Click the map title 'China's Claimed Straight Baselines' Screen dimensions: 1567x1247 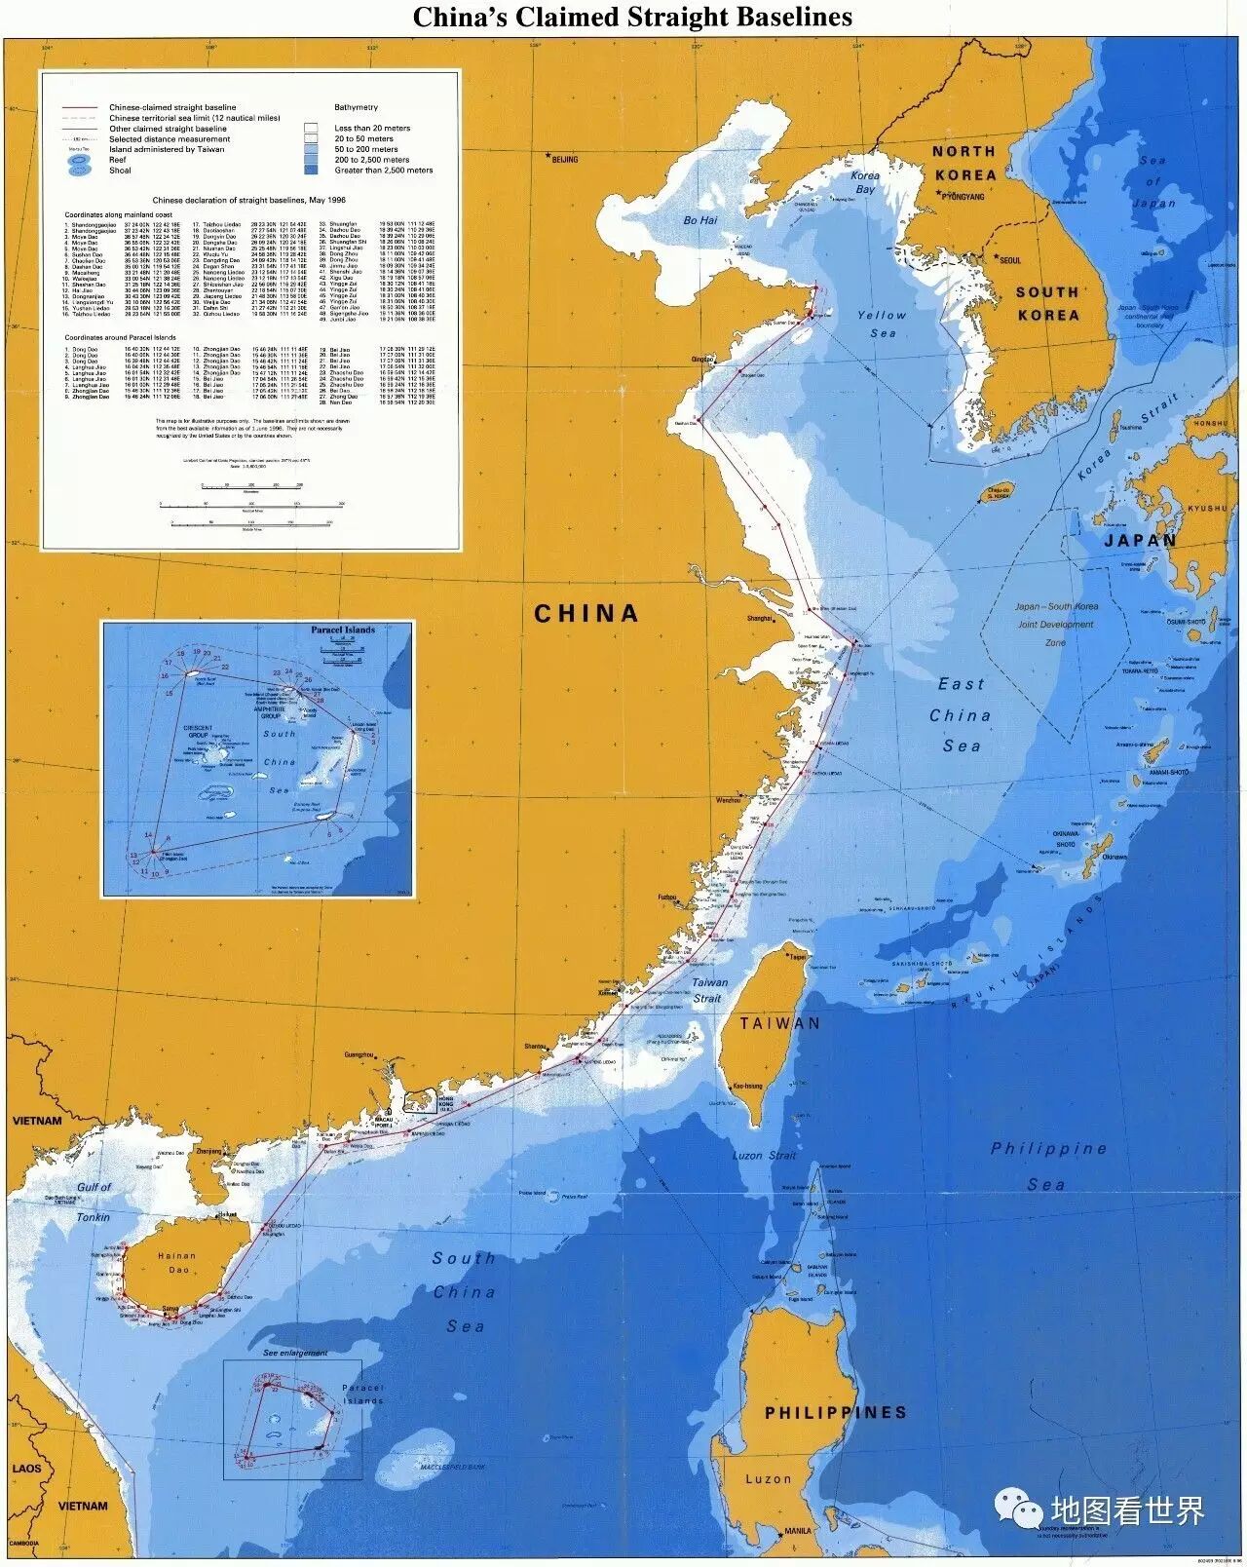coord(632,17)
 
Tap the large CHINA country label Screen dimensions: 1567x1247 coord(586,613)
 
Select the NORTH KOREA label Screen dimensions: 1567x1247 coord(964,163)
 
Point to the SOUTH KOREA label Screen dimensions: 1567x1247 coord(1047,303)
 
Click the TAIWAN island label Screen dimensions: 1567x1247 coord(779,1023)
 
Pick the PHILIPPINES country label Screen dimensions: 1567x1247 coord(835,1411)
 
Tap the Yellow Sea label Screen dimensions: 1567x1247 coord(882,325)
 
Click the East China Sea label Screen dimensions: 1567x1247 coord(960,714)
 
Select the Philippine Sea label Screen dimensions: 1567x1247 coord(1048,1166)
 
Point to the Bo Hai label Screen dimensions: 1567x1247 coord(699,221)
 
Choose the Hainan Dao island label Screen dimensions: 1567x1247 coord(175,1266)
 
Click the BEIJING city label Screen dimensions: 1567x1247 coord(563,159)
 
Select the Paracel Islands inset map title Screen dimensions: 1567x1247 coord(343,630)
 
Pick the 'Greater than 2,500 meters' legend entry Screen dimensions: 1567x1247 coord(383,171)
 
